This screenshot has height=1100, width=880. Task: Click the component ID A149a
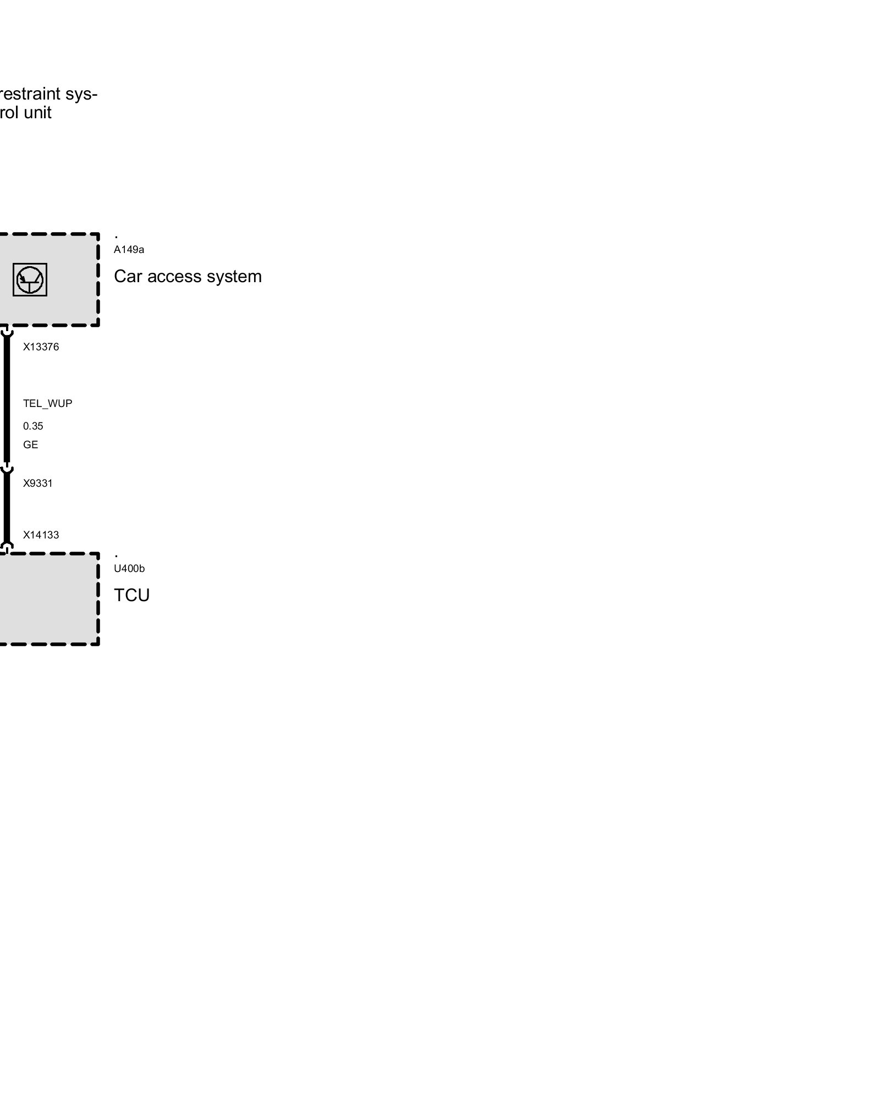(129, 250)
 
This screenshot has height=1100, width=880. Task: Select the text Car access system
(188, 276)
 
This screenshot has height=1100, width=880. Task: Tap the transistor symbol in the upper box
(30, 279)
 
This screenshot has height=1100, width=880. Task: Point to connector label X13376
(41, 347)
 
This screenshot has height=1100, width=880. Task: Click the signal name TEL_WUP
(47, 404)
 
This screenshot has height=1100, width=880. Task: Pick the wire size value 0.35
(33, 426)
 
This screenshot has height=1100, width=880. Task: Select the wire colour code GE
(31, 445)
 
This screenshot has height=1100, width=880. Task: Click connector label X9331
(38, 483)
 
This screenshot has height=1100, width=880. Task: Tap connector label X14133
(41, 535)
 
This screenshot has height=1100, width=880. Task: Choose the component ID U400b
(129, 569)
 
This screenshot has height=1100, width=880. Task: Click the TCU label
(132, 595)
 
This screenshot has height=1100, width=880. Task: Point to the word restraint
(29, 94)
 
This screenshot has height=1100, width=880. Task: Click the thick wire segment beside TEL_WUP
(7, 404)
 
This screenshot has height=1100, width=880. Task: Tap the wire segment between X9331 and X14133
(7, 509)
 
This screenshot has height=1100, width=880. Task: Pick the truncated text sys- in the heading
(81, 94)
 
